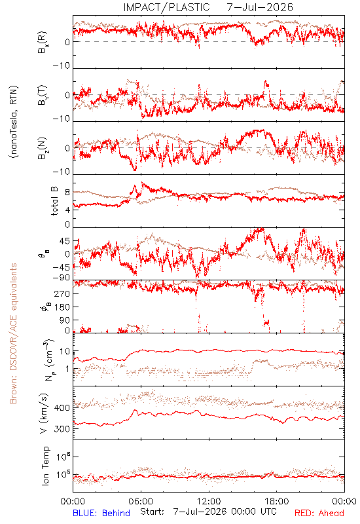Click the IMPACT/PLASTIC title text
point(166,7)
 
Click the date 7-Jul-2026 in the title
point(260,7)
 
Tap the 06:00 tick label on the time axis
point(141,501)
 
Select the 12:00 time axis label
point(209,501)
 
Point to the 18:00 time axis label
point(277,501)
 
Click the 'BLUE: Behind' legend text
point(101,513)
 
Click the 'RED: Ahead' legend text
point(319,513)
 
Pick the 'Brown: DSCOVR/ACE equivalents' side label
point(13,333)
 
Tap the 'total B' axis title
point(54,201)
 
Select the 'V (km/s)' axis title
point(44,413)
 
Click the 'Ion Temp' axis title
point(45,466)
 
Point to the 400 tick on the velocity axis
point(62,407)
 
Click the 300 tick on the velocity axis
point(62,429)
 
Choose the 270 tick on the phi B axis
point(62,293)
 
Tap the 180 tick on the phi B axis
point(62,307)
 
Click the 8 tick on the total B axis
point(67,193)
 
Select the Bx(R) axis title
point(43,43)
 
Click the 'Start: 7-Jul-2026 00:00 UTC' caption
point(208,512)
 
